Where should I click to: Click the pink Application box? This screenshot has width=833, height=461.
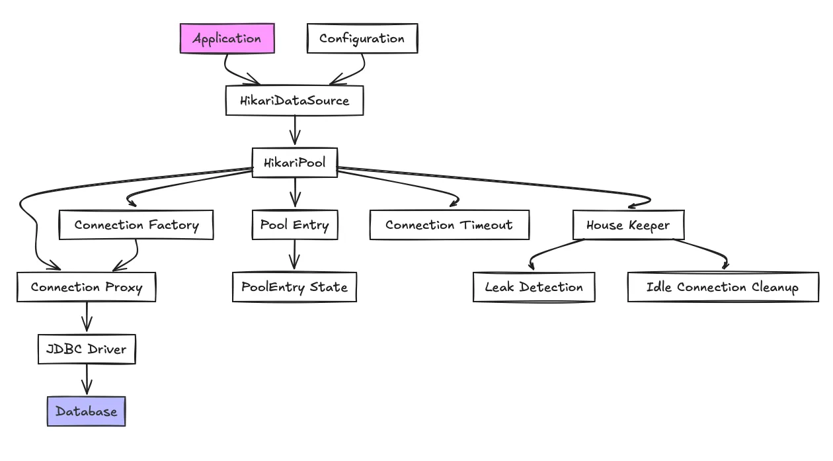[x=227, y=38]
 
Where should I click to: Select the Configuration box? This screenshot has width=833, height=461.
[x=362, y=38]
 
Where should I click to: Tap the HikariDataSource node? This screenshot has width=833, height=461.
[x=294, y=101]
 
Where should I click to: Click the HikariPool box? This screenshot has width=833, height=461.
[x=295, y=163]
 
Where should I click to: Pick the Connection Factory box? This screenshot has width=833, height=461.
[x=136, y=225]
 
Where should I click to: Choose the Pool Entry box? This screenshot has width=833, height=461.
[x=295, y=225]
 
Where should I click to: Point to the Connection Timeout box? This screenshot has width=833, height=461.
[x=449, y=225]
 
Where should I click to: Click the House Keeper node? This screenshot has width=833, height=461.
[x=628, y=225]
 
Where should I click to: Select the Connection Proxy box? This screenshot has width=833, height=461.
[x=86, y=287]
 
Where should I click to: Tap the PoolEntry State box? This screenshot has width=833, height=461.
[x=294, y=287]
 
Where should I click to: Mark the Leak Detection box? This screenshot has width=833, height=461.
[x=534, y=287]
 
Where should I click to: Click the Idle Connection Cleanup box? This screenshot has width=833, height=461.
[x=723, y=287]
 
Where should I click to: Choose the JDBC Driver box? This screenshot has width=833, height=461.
[x=87, y=349]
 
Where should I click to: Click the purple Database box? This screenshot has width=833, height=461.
[x=87, y=411]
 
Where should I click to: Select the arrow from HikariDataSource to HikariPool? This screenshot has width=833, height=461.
[x=295, y=131]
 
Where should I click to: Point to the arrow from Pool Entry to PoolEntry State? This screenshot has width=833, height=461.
[x=295, y=255]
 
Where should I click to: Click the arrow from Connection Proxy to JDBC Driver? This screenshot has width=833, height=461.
[x=87, y=317]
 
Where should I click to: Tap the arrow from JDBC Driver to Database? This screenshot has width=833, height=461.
[x=87, y=380]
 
